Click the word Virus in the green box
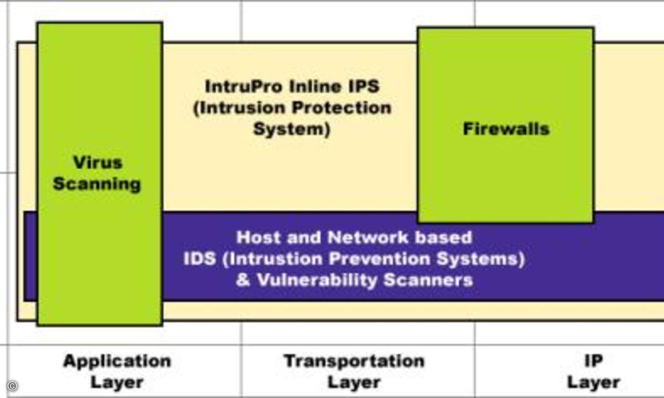[x=98, y=163]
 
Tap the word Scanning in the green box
[x=97, y=184]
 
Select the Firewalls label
[x=506, y=129]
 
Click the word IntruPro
[x=243, y=86]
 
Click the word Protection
[x=341, y=108]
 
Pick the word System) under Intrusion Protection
[x=292, y=129]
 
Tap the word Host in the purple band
[x=258, y=238]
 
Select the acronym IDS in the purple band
[x=200, y=259]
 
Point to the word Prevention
[x=380, y=259]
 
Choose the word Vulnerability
[x=317, y=280]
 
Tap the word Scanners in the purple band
[x=428, y=280]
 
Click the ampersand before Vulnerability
[x=243, y=280]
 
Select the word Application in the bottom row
[x=117, y=362]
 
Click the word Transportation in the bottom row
[x=354, y=362]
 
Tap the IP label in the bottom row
[x=593, y=361]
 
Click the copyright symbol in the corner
[x=12, y=386]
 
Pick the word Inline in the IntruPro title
[x=315, y=86]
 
